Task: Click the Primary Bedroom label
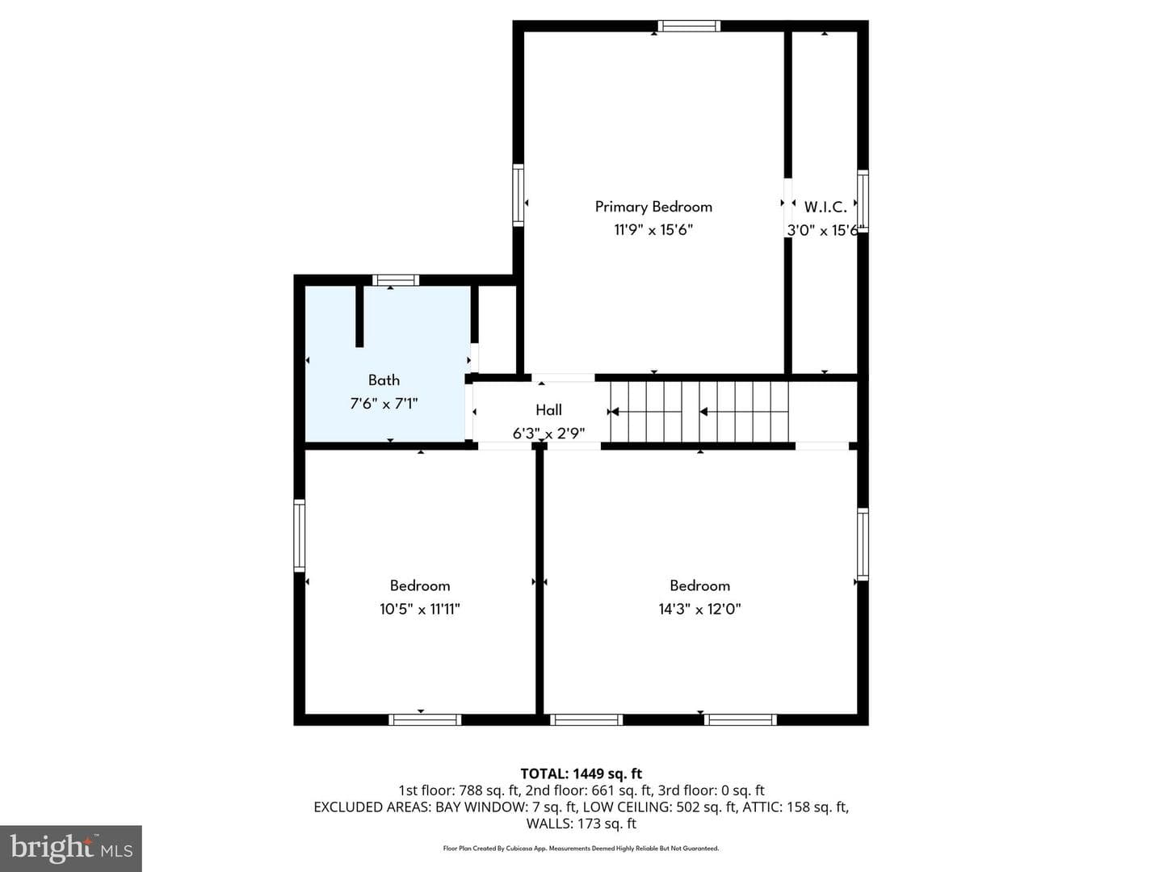[x=653, y=207]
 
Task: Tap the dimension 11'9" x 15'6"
[x=653, y=230]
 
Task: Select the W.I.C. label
[x=825, y=207]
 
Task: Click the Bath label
[x=384, y=380]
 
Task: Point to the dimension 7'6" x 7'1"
[x=384, y=404]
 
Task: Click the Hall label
[x=548, y=410]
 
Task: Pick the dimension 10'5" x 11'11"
[x=420, y=610]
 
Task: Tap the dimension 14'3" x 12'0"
[x=699, y=610]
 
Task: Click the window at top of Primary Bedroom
[x=689, y=26]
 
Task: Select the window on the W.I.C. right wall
[x=863, y=201]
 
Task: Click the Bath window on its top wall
[x=395, y=280]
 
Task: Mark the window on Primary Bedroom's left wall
[x=518, y=195]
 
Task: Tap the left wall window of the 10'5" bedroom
[x=300, y=535]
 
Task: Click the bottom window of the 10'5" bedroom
[x=425, y=719]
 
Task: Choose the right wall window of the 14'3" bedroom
[x=863, y=543]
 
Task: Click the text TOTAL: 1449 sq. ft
[x=581, y=773]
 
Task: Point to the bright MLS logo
[x=71, y=848]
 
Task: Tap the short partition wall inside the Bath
[x=359, y=316]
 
